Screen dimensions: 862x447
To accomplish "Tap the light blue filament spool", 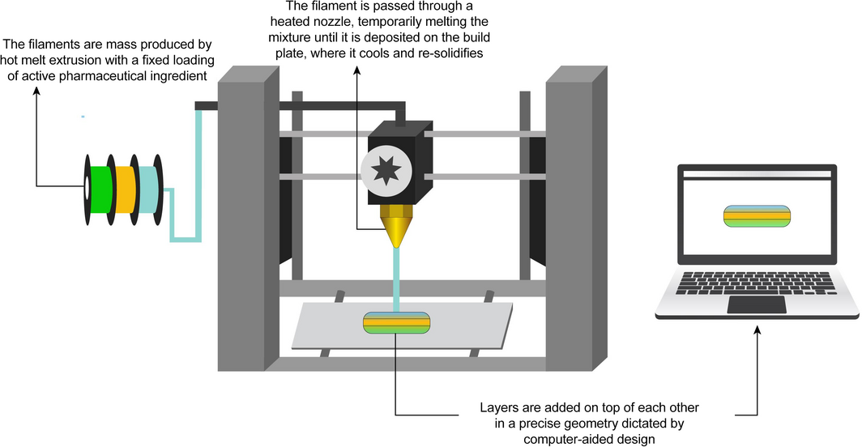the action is click(x=147, y=189).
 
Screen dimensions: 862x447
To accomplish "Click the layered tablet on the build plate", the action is click(x=396, y=322).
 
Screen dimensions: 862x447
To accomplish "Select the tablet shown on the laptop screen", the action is click(x=757, y=216).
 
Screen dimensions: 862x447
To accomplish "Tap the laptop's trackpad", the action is click(x=757, y=304).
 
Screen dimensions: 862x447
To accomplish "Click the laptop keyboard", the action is click(x=757, y=283).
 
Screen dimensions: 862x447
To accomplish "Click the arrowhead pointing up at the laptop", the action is click(x=757, y=330).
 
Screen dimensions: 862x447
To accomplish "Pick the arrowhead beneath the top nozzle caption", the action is click(x=357, y=70).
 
